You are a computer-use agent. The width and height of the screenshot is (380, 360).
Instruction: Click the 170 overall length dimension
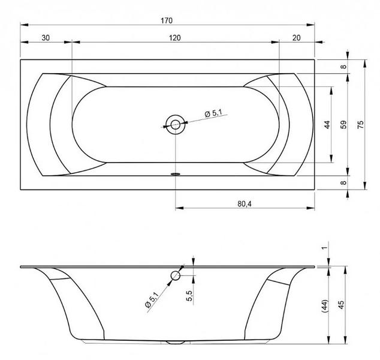click(167, 20)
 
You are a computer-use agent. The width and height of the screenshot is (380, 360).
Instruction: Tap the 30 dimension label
click(46, 38)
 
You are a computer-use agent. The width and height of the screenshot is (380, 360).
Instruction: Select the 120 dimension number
click(175, 38)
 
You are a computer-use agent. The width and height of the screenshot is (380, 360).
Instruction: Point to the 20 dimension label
click(297, 38)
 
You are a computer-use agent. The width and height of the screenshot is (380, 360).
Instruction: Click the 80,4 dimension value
click(245, 204)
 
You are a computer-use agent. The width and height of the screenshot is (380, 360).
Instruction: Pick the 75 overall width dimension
click(361, 124)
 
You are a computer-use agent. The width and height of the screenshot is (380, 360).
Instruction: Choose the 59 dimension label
click(343, 124)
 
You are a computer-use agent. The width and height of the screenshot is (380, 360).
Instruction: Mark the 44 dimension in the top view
click(327, 124)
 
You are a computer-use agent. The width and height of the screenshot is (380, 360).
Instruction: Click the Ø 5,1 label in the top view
click(213, 113)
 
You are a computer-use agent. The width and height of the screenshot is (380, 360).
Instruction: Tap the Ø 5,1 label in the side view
click(152, 299)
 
